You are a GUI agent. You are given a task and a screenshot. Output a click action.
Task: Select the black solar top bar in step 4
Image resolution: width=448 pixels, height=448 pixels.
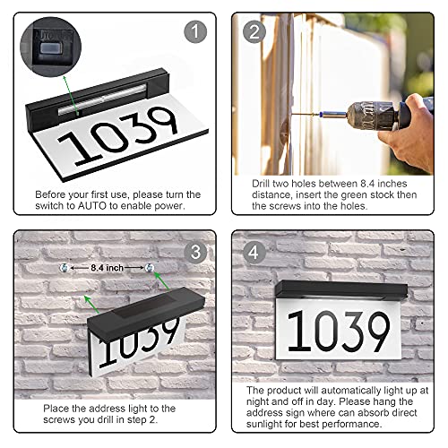pyautogui.click(x=340, y=289)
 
